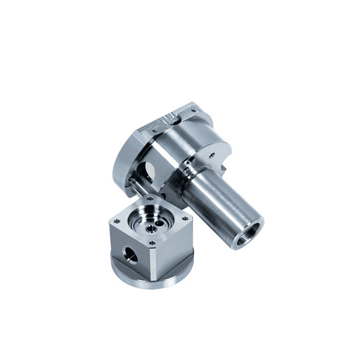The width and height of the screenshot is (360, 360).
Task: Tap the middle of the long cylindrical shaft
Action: (x=219, y=204)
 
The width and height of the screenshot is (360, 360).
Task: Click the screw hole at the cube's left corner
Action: (x=116, y=221)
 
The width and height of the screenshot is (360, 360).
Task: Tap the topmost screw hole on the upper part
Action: (x=193, y=110)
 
